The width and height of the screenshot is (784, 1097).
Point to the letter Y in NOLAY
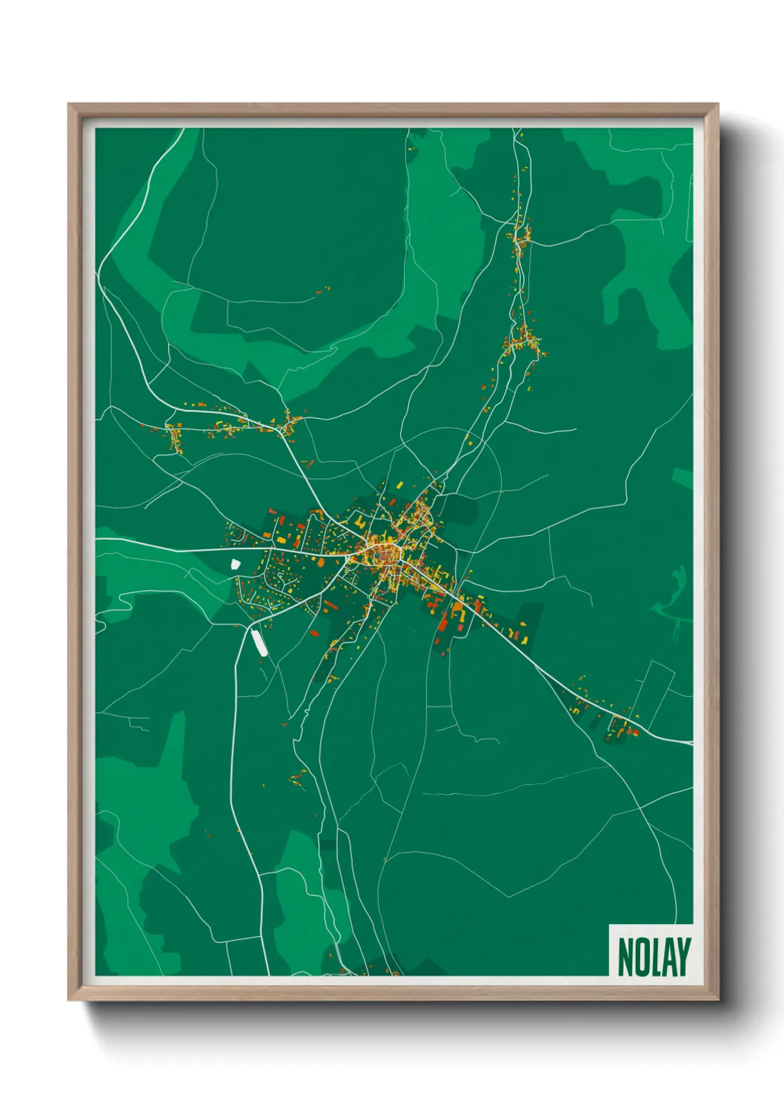click(x=682, y=957)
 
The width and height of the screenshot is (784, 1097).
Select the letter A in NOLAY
click(x=668, y=957)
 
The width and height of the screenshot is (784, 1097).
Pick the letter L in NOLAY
click(x=655, y=957)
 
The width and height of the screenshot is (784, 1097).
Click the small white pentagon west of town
click(x=236, y=565)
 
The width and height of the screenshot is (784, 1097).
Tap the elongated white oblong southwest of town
click(x=259, y=642)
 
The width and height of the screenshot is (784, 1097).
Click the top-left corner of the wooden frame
click(x=69, y=105)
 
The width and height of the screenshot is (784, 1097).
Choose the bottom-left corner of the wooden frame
click(x=69, y=1000)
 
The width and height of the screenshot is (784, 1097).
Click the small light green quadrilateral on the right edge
click(x=682, y=477)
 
